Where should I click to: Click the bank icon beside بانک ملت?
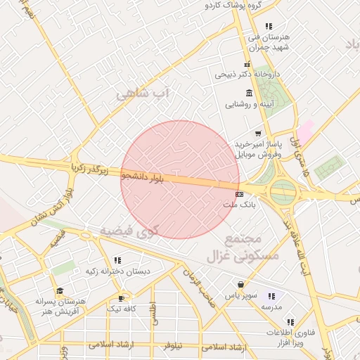(240, 194)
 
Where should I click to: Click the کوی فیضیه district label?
(129, 231)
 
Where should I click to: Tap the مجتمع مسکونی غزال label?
(243, 247)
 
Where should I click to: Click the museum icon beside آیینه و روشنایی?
(249, 94)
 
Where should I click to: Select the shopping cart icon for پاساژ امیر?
(258, 134)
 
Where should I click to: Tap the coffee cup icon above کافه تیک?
(124, 297)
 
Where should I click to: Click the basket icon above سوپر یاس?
(241, 285)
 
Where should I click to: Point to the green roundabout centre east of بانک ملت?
(283, 190)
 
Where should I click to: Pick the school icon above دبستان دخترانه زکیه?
(117, 261)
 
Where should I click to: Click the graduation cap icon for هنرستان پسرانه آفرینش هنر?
(60, 290)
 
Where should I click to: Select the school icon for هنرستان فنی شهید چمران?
(268, 26)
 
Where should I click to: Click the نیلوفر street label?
(172, 346)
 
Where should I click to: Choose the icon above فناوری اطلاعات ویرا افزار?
(271, 321)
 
